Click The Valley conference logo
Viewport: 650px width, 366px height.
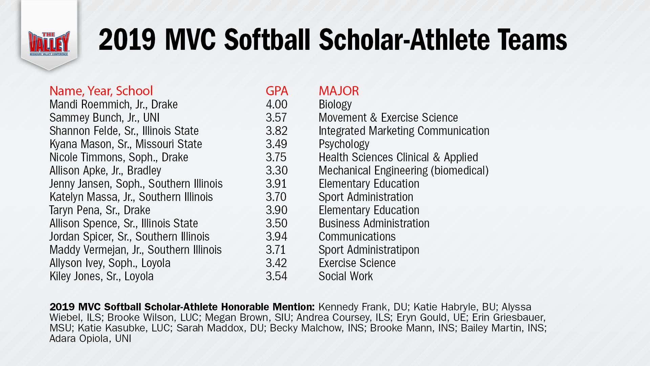click(49, 43)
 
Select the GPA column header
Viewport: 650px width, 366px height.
click(277, 91)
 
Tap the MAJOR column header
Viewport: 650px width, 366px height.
click(339, 91)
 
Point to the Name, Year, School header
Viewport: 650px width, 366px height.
click(101, 91)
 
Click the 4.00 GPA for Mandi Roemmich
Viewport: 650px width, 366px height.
click(276, 104)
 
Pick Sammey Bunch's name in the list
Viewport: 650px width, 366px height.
click(86, 118)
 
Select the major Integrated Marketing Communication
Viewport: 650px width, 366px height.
click(404, 131)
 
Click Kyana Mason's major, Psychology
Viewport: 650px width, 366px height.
click(344, 144)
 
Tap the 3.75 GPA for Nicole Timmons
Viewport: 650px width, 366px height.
click(276, 157)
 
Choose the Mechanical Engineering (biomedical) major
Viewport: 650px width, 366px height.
click(404, 170)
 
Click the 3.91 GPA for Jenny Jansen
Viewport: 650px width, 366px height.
click(276, 184)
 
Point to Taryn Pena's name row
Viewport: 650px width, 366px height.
click(100, 210)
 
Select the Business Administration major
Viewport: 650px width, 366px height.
click(374, 223)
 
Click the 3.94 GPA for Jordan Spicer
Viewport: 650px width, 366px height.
click(276, 237)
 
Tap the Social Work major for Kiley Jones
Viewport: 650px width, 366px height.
click(345, 276)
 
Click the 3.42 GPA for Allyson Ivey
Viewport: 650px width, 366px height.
click(276, 263)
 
